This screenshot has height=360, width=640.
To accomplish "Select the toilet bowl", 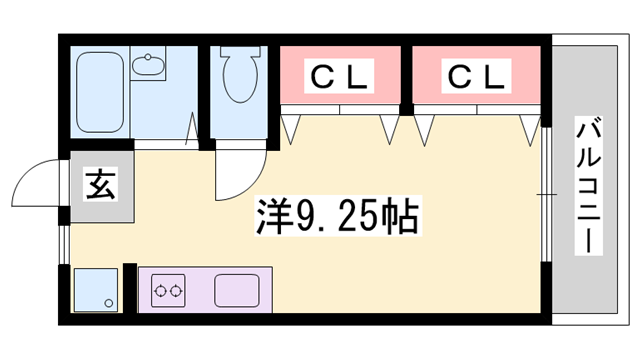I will (239, 74).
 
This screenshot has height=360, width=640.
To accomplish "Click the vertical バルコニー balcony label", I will (589, 186).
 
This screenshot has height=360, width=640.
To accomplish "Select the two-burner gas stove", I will (167, 291).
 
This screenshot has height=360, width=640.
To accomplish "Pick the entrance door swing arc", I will (40, 180).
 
